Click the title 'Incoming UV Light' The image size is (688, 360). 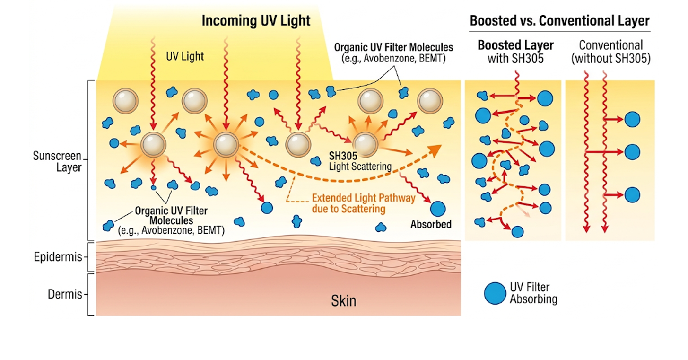coord(256,21)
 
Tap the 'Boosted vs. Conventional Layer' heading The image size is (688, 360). coord(559,21)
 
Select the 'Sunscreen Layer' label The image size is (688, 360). coord(57,162)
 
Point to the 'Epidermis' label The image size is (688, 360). coord(58,256)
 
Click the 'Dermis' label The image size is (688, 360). coord(65,294)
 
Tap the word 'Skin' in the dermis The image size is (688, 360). coord(344,301)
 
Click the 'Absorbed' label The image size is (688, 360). coord(431,224)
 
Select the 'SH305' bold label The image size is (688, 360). coord(343,156)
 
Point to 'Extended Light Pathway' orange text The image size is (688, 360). coord(364,198)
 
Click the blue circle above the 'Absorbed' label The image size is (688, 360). coord(438,209)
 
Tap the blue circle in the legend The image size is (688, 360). coord(495,293)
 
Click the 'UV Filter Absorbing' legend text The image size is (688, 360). coord(533,293)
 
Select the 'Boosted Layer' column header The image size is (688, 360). coord(516,45)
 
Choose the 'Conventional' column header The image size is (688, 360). coord(611,45)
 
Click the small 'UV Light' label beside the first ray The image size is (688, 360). coord(185,56)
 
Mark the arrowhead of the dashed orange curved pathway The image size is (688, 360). coord(435,150)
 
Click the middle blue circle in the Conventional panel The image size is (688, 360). coord(632,152)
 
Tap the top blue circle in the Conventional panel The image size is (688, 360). coord(632,120)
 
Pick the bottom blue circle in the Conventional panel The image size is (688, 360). coord(632,195)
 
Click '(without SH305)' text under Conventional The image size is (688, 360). coord(611,58)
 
